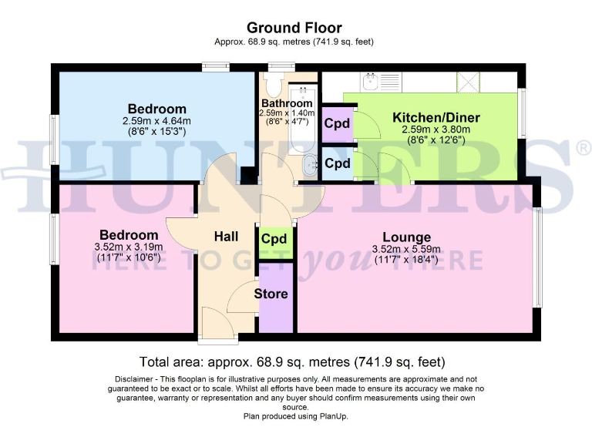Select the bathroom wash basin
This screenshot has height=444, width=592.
[x=311, y=163]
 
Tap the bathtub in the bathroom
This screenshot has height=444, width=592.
[x=303, y=123]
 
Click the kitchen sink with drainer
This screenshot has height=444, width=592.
[x=378, y=80]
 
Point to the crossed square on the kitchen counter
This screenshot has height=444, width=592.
[x=466, y=80]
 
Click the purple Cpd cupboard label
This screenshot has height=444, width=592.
[x=337, y=123]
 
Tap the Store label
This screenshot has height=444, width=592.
[x=271, y=294]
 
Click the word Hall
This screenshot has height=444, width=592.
[x=226, y=237]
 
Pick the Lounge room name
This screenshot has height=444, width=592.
[x=406, y=237]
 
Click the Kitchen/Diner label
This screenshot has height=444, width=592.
[x=436, y=117]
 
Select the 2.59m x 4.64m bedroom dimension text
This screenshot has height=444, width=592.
[x=156, y=121]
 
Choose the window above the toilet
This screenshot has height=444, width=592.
[x=275, y=67]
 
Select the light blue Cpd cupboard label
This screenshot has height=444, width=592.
[x=337, y=164]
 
